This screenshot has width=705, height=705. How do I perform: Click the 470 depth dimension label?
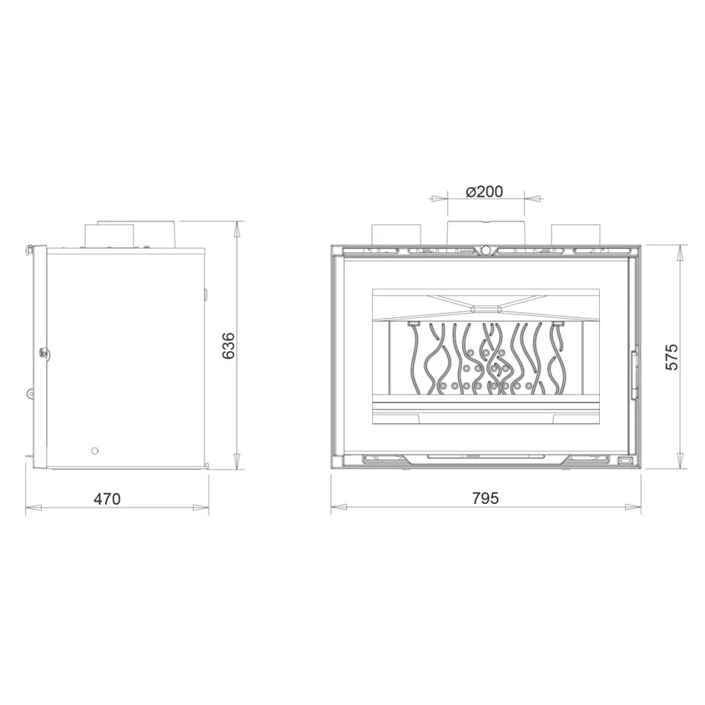tap(107, 498)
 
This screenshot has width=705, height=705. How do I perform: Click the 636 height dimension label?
tap(229, 345)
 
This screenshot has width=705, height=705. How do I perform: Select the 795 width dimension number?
tap(486, 498)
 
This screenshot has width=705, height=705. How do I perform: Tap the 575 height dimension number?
tap(671, 357)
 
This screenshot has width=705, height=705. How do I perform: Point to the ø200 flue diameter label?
tap(484, 192)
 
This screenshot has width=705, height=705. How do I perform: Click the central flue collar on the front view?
tap(485, 233)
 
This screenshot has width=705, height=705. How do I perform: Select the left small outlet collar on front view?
tap(396, 235)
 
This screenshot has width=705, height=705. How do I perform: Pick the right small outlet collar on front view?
tap(575, 235)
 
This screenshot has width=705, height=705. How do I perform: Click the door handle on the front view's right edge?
tap(634, 373)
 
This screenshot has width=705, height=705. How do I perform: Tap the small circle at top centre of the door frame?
tap(485, 249)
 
